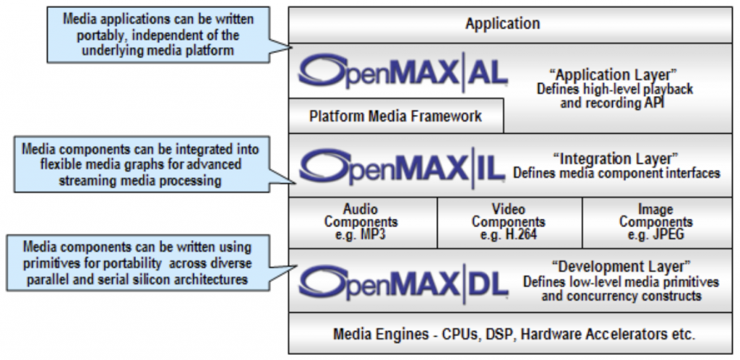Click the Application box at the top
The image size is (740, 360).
(502, 24)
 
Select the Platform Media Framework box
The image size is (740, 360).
(395, 116)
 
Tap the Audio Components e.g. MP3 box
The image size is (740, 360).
(361, 222)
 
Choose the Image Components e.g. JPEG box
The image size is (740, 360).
(655, 222)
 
